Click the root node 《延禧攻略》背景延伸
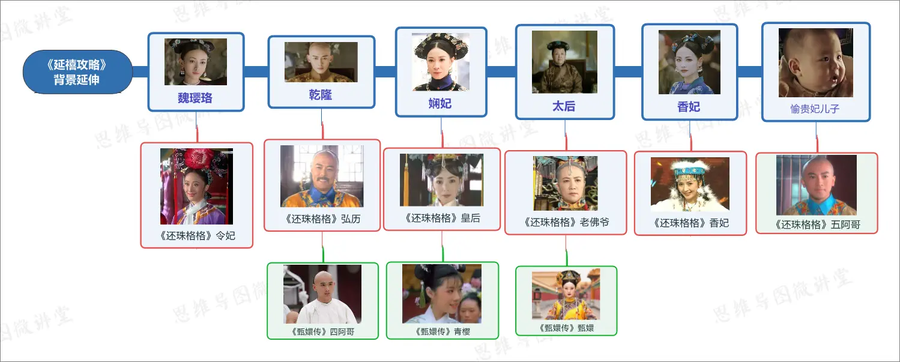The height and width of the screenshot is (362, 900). tap(77, 71)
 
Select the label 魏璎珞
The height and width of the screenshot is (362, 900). tap(195, 98)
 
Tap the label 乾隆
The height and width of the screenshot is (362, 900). tap(321, 95)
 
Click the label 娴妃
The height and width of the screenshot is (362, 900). tap(440, 103)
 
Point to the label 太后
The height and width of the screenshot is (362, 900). tap(564, 106)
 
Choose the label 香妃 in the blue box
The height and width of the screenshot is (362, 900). tap(689, 107)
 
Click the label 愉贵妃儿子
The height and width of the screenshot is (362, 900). tap(815, 109)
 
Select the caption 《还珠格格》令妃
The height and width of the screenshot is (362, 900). tap(197, 235)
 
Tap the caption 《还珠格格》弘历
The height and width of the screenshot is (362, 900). tap(322, 219)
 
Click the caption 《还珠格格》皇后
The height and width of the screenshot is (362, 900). tap(442, 218)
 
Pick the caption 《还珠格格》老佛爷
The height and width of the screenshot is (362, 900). tap(565, 222)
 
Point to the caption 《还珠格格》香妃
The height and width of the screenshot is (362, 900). tap(690, 223)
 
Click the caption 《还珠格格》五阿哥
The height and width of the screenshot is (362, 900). tap(817, 225)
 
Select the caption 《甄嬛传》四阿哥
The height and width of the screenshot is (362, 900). tap(322, 331)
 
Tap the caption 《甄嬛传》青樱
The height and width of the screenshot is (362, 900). tap(442, 331)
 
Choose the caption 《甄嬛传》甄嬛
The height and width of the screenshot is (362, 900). tap(566, 328)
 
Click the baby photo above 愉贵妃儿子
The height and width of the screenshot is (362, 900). tap(815, 63)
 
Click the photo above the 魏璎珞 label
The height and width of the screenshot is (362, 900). tap(196, 62)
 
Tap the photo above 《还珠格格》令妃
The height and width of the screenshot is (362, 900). tap(196, 186)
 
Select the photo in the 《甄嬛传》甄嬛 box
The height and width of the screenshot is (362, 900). tap(565, 295)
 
